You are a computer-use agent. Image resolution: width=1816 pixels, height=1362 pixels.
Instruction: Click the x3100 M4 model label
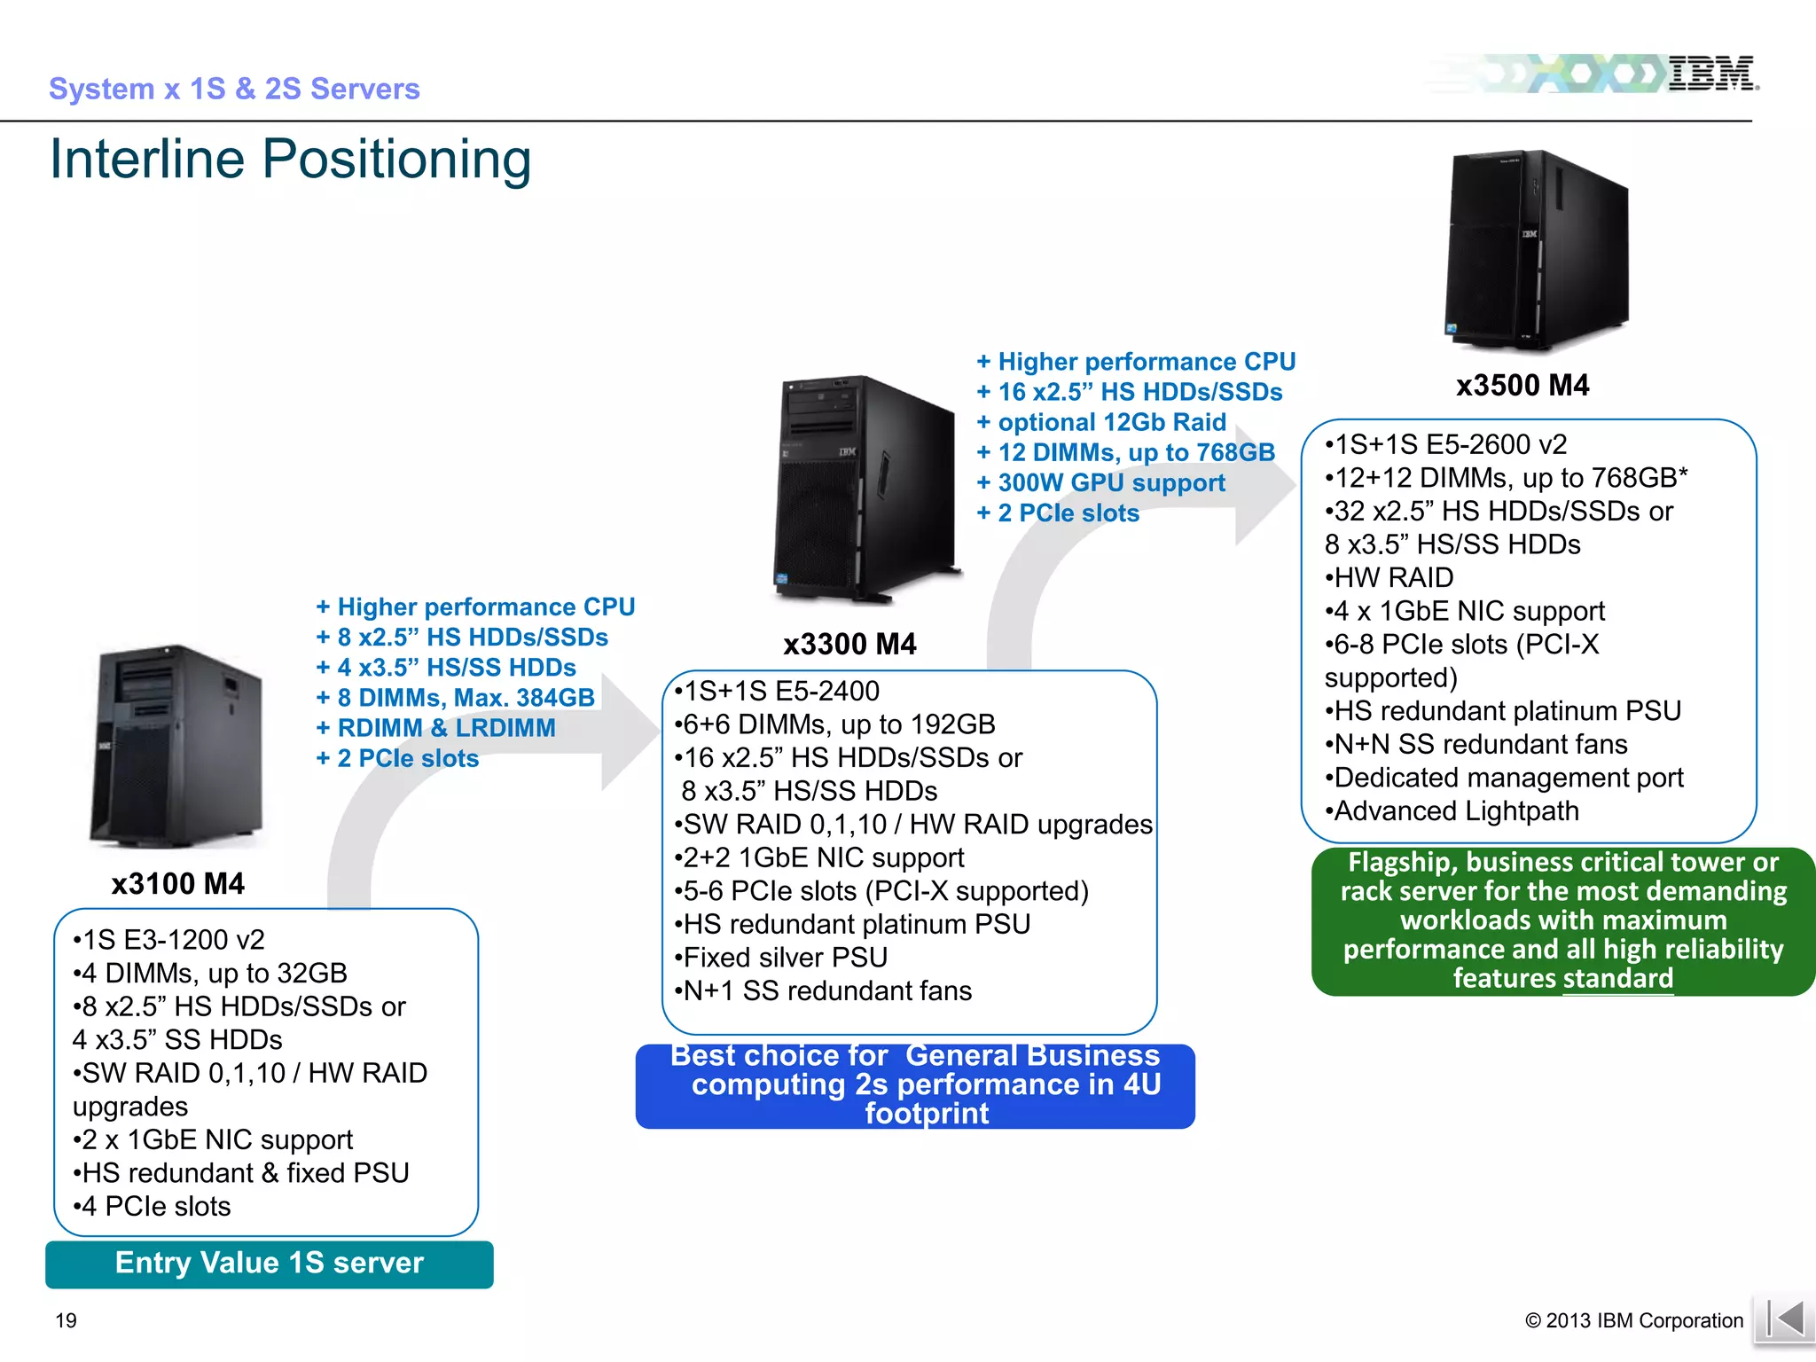point(177,883)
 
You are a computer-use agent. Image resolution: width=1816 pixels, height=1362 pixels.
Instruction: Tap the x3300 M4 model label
point(849,644)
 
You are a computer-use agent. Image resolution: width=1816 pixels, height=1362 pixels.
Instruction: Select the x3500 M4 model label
point(1522,385)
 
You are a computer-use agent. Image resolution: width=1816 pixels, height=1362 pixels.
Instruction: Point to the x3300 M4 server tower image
point(865,488)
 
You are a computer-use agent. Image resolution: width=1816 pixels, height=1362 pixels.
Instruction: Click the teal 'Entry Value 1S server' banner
point(270,1264)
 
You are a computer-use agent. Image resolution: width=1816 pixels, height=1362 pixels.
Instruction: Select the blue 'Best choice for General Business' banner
point(915,1085)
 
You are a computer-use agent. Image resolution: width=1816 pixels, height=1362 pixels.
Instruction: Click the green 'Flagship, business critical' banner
point(1562,921)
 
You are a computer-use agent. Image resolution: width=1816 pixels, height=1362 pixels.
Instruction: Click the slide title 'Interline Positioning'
point(290,160)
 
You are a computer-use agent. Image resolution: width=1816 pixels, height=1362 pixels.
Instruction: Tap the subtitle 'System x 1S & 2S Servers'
point(234,89)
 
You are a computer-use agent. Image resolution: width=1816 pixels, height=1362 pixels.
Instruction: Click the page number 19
point(67,1320)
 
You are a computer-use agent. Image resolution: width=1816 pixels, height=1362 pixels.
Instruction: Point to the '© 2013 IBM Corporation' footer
point(1633,1320)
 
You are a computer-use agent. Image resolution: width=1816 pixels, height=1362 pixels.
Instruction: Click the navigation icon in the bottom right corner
point(1783,1320)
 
